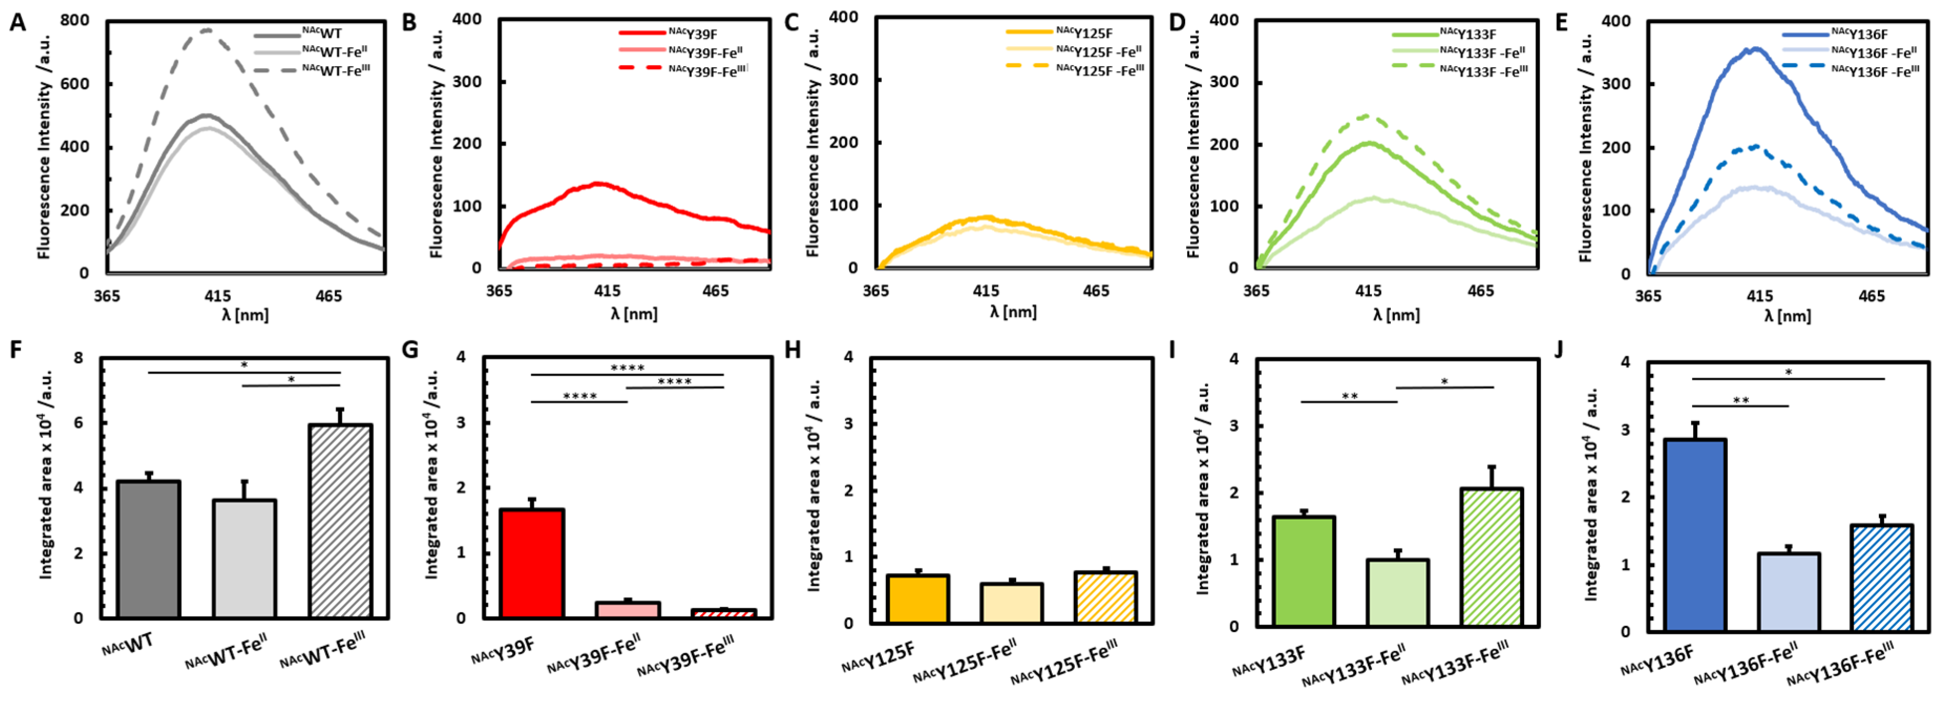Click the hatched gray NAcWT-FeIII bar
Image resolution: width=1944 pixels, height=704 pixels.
[340, 521]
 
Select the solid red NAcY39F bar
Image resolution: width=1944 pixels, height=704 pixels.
[532, 563]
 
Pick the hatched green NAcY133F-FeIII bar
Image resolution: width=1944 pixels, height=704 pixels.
[1491, 557]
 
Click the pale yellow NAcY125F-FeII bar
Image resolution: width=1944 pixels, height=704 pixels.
[1012, 603]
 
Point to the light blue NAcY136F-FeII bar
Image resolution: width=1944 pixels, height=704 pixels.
[1789, 592]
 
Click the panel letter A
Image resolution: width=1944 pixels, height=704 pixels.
[17, 22]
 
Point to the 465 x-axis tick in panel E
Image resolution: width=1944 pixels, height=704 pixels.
[1872, 296]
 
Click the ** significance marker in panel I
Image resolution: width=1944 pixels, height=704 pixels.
[1349, 396]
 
